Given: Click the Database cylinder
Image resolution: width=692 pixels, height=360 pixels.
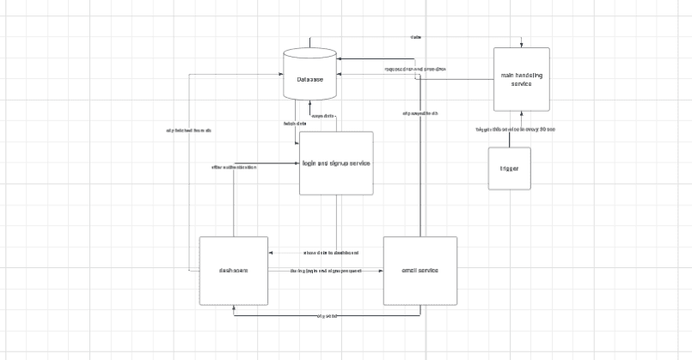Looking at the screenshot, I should point(309,78).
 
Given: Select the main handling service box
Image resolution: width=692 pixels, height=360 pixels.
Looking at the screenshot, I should point(521,79).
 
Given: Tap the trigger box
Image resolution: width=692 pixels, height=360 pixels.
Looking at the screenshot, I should point(509,168).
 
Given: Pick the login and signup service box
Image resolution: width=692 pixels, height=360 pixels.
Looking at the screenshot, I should point(335,162).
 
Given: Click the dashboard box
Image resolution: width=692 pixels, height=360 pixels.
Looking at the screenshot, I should point(233,271).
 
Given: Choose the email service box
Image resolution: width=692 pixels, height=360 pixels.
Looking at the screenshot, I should point(419,271).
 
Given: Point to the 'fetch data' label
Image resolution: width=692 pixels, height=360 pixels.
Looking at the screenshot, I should point(295,124).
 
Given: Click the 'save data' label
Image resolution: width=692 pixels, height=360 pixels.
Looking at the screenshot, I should point(322,116).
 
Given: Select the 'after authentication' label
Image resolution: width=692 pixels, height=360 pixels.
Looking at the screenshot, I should point(234,167).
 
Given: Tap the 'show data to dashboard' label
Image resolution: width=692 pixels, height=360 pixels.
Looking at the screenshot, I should point(330,253).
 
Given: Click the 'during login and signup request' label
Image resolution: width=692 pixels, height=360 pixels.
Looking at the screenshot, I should point(325,271).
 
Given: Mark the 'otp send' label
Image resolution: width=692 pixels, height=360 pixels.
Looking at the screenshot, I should point(327,316).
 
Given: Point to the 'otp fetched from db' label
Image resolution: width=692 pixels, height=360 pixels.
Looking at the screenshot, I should point(188,131).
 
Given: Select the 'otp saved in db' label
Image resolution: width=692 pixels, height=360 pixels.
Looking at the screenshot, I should point(419,113).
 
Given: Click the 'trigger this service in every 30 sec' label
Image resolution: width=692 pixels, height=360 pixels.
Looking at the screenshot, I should point(515,130).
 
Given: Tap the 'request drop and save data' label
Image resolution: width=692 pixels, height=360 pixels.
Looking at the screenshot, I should point(414,69).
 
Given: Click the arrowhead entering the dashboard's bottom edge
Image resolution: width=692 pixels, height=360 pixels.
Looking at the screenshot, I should point(234,308).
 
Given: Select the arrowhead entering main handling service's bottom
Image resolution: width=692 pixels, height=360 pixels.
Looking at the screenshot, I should point(521,113).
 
